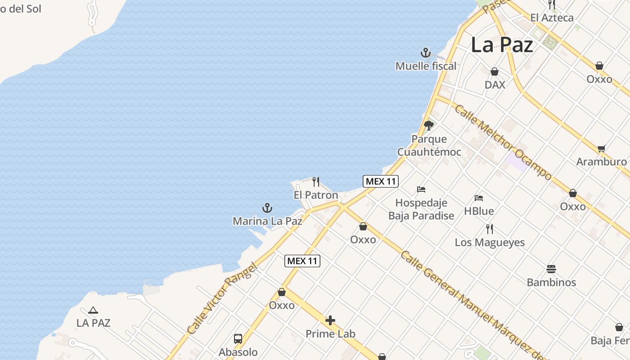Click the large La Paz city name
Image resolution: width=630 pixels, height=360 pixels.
point(502,45)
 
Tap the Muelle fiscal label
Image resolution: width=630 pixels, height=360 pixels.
point(426,66)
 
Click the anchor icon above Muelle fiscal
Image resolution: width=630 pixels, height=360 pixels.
point(426,53)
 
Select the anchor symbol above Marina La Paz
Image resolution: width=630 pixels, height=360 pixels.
point(267,208)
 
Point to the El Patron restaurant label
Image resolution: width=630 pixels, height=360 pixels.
point(315,195)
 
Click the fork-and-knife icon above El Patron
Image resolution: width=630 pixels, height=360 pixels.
point(316,182)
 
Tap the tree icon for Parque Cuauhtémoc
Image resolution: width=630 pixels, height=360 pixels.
point(429,125)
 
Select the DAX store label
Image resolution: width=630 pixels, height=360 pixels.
point(495,85)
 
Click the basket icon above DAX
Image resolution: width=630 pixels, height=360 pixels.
point(495,72)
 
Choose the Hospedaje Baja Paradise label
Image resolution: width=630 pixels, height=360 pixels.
point(421,209)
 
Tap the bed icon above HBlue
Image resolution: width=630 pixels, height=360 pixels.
point(479,198)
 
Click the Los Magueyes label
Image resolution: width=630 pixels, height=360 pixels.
point(490,242)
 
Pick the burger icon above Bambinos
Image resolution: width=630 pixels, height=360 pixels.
point(551,269)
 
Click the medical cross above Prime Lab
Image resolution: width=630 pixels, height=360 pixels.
point(330,320)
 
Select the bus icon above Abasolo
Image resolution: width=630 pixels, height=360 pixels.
point(238,339)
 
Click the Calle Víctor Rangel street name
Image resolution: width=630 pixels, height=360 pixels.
point(222,299)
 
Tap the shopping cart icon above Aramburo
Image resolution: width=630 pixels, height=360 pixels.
point(601,148)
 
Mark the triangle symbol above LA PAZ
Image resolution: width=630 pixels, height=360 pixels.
point(93,310)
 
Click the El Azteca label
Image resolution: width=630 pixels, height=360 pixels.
point(552,18)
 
